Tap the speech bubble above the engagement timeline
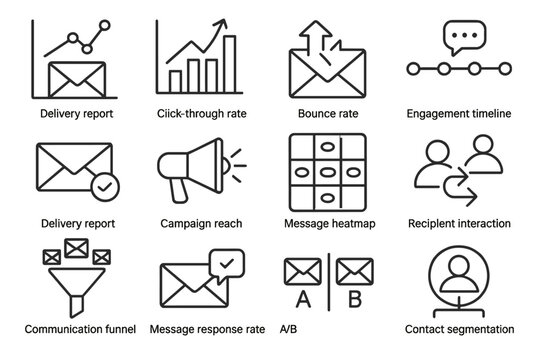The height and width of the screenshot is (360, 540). pyautogui.click(x=463, y=36)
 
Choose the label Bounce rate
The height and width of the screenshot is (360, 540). pyautogui.click(x=321, y=114)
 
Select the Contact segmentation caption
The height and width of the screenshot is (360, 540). pyautogui.click(x=460, y=328)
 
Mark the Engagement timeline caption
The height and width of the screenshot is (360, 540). pyautogui.click(x=460, y=114)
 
